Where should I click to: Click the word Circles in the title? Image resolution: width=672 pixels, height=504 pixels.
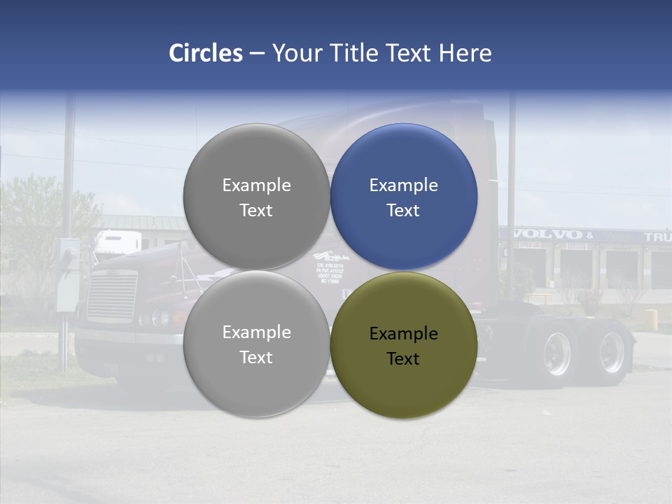[x=206, y=53]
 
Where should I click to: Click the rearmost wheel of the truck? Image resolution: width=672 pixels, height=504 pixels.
[x=610, y=351]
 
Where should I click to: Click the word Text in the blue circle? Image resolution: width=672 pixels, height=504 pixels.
[x=403, y=210]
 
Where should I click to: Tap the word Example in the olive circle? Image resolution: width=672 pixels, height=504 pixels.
[x=403, y=333]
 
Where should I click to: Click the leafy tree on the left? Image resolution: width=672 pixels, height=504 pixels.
[x=31, y=224]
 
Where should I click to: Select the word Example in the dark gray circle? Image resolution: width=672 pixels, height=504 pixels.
[x=256, y=185]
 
